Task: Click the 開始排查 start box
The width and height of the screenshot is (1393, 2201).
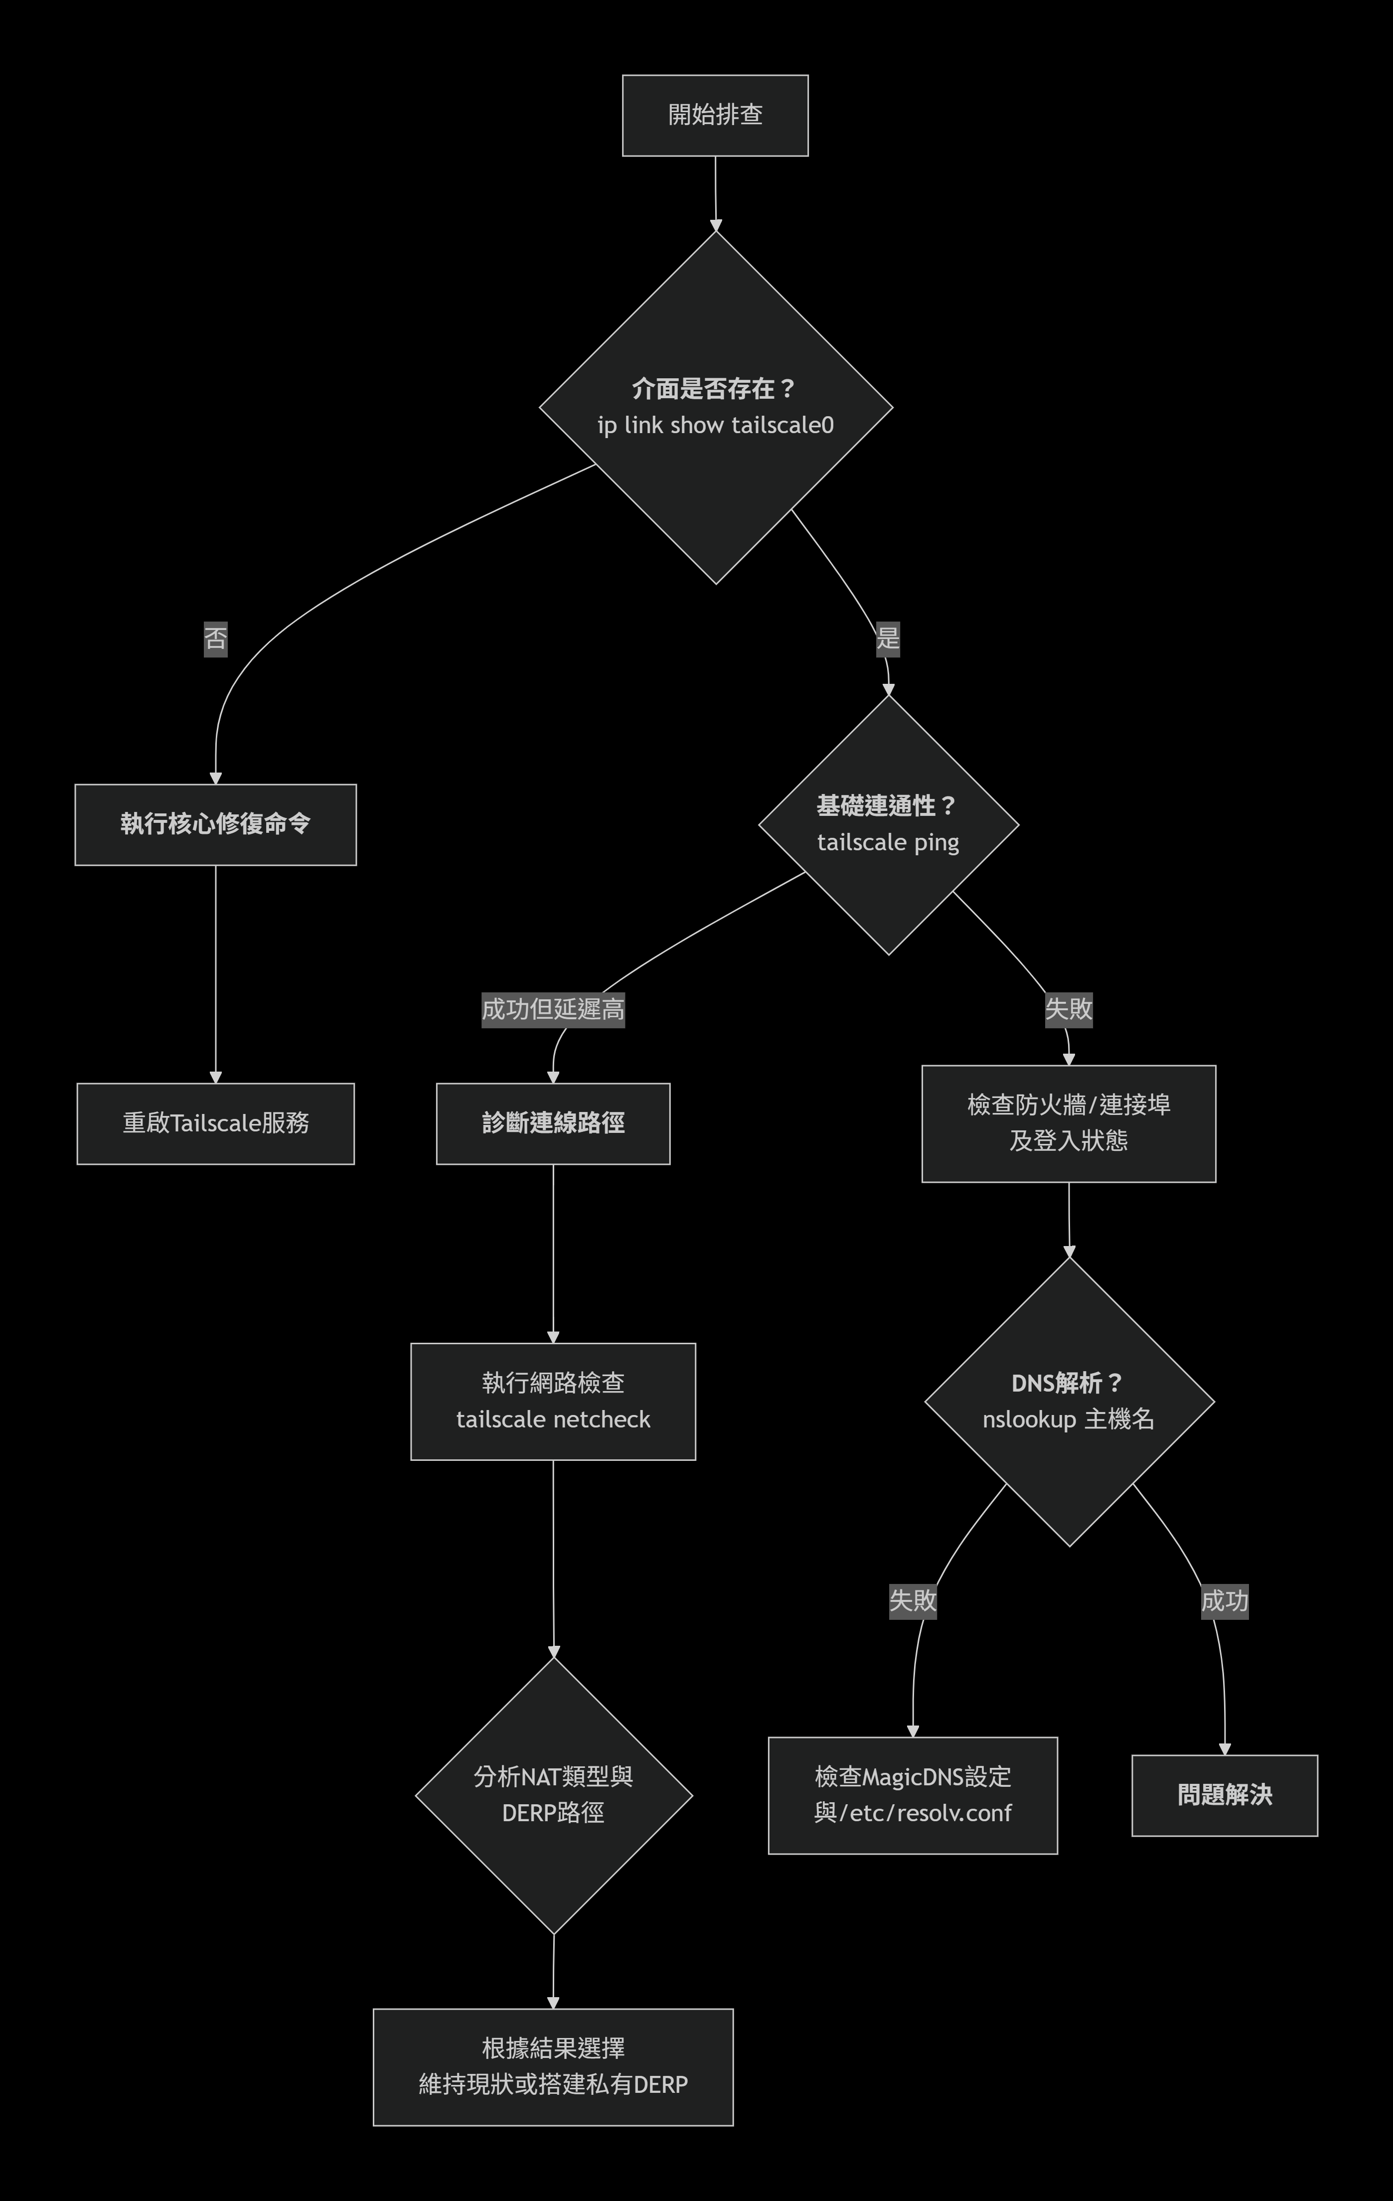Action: (x=715, y=115)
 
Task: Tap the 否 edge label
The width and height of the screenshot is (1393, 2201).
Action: (x=216, y=638)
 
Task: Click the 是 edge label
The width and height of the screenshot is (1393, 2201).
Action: (x=888, y=638)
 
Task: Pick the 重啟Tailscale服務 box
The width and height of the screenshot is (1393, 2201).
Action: (x=216, y=1123)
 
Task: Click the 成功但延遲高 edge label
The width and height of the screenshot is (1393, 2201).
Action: (x=553, y=1010)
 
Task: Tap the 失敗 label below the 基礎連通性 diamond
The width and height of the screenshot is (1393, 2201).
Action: (x=1069, y=1010)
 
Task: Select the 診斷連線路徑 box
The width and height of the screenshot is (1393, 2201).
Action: (x=553, y=1123)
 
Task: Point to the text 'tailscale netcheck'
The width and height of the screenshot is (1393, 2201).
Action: (x=553, y=1419)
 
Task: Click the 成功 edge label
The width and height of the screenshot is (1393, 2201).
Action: (x=1225, y=1600)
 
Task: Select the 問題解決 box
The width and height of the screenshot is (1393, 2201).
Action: (x=1225, y=1795)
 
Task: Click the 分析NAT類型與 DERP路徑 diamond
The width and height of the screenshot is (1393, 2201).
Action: (x=553, y=1795)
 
